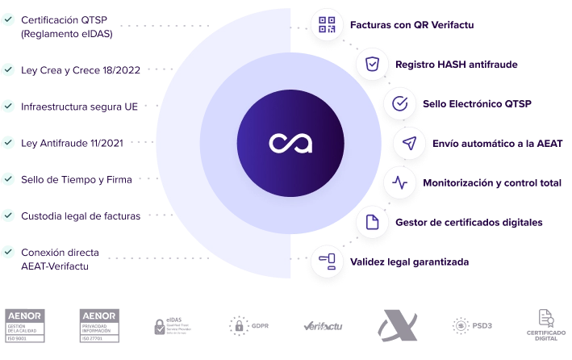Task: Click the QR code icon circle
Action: click(x=327, y=24)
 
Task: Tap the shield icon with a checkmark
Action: click(x=372, y=64)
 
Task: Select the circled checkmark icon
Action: click(x=399, y=104)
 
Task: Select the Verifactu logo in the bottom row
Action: click(x=325, y=325)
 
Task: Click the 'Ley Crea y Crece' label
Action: click(x=81, y=70)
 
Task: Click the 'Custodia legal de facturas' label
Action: click(x=81, y=216)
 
